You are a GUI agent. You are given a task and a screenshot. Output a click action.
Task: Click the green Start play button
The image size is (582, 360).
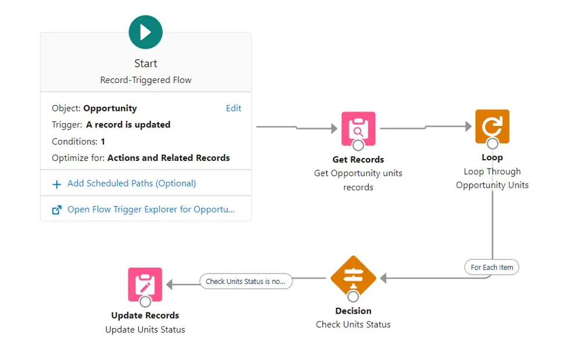[146, 32]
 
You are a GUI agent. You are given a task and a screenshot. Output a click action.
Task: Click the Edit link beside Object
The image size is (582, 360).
[233, 108]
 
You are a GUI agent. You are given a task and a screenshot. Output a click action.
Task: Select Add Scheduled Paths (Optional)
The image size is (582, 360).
[131, 183]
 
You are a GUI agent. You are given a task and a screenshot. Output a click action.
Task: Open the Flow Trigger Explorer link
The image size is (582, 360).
[151, 210]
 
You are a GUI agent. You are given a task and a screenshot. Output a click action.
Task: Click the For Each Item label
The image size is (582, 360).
[491, 267]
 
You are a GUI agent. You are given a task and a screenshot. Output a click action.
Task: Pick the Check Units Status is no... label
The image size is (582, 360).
[246, 282]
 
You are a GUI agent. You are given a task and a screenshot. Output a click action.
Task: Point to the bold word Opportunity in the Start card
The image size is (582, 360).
[110, 108]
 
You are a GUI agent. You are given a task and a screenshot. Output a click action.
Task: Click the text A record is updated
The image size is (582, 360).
[128, 125]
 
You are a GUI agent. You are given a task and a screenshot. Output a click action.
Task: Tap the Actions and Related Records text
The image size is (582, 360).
[168, 158]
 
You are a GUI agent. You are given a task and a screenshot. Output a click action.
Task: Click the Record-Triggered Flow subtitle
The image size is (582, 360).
[146, 80]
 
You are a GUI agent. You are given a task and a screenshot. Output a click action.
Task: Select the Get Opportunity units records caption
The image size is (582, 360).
[358, 180]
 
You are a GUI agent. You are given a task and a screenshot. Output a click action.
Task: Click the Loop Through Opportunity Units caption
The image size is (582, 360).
[492, 178]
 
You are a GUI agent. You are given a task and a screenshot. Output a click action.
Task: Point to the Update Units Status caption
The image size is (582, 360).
[145, 330]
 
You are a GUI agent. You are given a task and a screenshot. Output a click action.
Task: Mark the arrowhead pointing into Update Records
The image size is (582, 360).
[170, 285]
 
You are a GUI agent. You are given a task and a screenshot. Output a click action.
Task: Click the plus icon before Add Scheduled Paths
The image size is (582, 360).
[57, 184]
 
